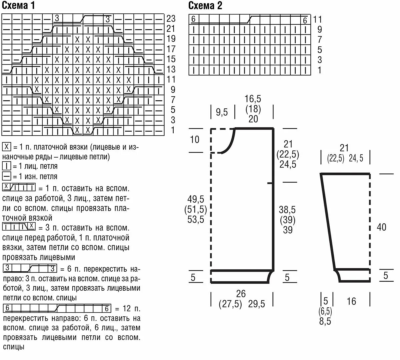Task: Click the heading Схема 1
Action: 18,5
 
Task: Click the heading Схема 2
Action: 205,5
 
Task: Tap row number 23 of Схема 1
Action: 171,18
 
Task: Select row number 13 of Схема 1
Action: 171,69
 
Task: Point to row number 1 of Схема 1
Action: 172,130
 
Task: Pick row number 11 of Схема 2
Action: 317,19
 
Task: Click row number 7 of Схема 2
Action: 319,40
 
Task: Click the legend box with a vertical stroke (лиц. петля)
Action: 6,166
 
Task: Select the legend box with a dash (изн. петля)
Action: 6,176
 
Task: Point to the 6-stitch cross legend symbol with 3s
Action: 30,268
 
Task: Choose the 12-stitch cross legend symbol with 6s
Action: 57,308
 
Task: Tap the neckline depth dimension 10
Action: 195,139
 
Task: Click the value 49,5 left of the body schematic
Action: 196,200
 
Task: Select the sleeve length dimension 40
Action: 381,227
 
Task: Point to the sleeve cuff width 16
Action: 351,301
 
